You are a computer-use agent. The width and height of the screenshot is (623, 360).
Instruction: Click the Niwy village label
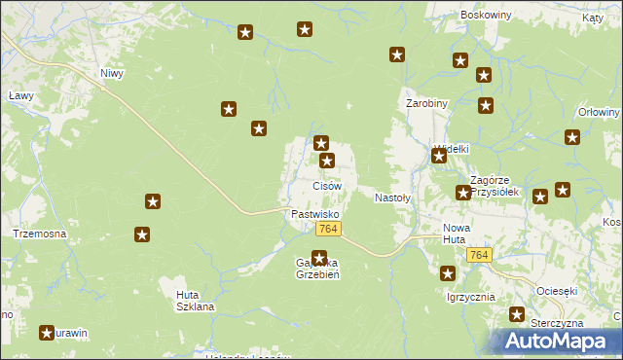click(113, 73)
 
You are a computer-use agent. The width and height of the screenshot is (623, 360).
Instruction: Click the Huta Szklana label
click(195, 300)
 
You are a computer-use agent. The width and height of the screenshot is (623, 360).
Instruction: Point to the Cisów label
click(326, 185)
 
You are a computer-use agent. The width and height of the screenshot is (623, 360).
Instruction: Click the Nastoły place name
click(393, 197)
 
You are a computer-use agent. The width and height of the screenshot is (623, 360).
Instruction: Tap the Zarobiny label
click(426, 102)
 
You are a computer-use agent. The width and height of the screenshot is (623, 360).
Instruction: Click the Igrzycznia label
click(470, 297)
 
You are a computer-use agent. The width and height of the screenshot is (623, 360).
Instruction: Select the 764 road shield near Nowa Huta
click(478, 254)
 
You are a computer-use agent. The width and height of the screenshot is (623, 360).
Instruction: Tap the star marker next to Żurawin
click(47, 333)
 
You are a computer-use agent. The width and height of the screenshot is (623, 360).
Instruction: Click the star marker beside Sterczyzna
click(518, 314)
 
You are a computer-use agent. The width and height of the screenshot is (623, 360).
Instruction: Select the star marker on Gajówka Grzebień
click(318, 258)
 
